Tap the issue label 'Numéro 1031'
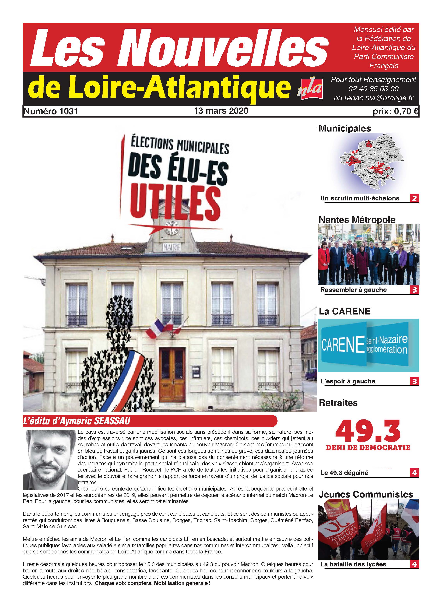coord(51,111)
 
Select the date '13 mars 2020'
coord(221,111)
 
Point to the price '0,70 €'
coord(406,112)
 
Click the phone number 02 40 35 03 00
coord(373,88)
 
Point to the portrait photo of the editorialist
coord(50,459)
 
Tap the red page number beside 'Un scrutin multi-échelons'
coord(414,198)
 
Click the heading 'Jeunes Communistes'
coord(366,494)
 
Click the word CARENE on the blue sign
coord(343,345)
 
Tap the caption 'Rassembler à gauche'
coord(353,290)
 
